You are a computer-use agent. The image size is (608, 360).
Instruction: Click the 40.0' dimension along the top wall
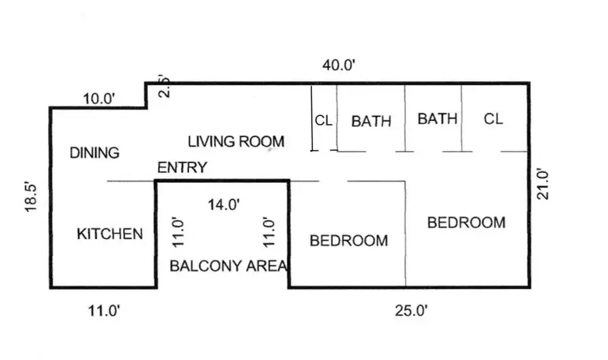(x=338, y=66)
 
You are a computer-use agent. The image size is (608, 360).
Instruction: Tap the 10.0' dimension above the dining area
(x=99, y=99)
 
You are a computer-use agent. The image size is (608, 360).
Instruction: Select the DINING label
(x=95, y=153)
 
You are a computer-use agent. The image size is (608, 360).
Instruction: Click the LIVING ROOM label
(x=236, y=142)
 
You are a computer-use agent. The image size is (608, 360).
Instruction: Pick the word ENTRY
(x=182, y=168)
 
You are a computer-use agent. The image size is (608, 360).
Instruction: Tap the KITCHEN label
(x=109, y=234)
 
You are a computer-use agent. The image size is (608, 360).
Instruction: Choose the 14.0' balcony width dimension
(x=224, y=205)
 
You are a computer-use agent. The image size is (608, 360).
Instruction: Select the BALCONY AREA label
(x=228, y=266)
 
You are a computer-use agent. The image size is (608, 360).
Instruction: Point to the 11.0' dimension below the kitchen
(x=104, y=311)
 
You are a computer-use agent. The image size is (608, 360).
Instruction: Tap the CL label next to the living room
(x=324, y=121)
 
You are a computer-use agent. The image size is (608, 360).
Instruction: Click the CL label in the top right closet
(x=493, y=119)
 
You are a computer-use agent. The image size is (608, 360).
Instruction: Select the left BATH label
(x=371, y=122)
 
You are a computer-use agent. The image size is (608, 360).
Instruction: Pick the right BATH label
(x=437, y=119)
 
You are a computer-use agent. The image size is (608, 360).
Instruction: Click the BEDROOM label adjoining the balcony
(x=349, y=241)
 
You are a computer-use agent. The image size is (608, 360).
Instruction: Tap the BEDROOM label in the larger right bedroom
(x=466, y=223)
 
